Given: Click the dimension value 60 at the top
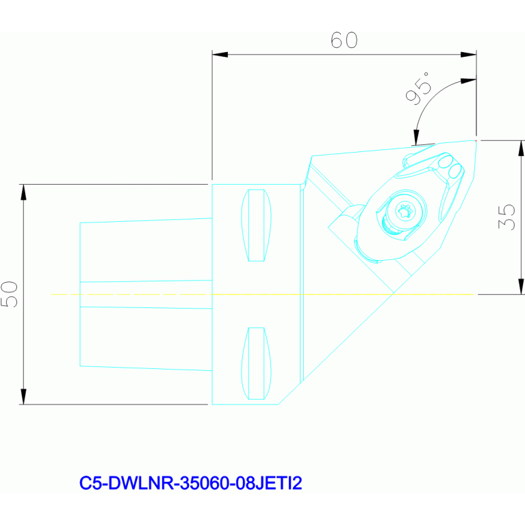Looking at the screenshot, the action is (344, 40).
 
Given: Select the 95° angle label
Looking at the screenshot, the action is (418, 88).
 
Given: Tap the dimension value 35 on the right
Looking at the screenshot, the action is (507, 216).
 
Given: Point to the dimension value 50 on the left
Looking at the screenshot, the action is (9, 294).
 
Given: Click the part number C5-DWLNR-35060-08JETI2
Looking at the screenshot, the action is (190, 483).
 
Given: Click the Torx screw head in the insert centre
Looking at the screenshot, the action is (405, 211).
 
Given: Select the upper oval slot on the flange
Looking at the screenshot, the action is (256, 225).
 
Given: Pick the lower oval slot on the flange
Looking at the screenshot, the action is (256, 363).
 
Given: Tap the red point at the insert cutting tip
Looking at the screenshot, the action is (476, 141).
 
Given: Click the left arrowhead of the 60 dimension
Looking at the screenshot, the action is (220, 55).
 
